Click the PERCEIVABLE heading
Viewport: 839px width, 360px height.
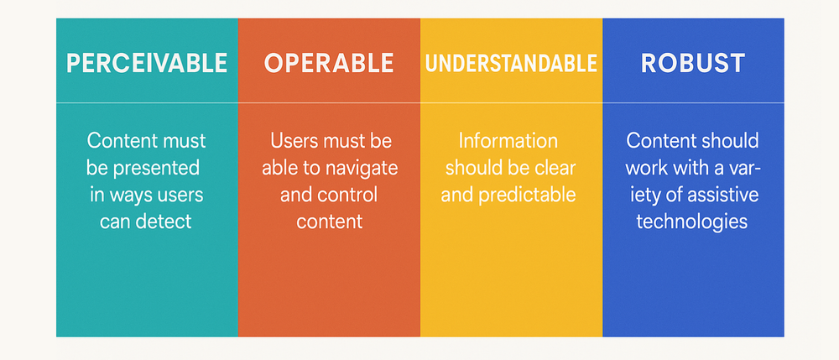point(147,63)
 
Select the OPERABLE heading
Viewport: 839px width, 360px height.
point(329,63)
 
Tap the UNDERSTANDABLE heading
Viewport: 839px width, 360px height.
point(511,63)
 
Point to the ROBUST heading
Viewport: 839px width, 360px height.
point(693,63)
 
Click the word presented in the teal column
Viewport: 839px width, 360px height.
point(161,168)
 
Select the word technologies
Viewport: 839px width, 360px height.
point(692,222)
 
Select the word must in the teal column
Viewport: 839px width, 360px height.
point(182,140)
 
